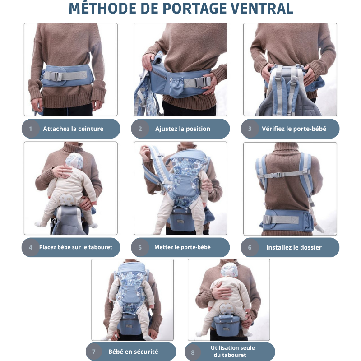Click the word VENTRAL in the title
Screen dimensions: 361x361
(x=262, y=9)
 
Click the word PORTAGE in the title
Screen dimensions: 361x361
(x=194, y=9)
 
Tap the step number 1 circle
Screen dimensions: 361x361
(x=31, y=129)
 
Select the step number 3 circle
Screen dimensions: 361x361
(x=250, y=129)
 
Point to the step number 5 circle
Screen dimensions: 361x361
(x=140, y=247)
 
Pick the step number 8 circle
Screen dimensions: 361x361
(x=193, y=352)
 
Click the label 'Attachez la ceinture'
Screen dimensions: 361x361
(x=73, y=129)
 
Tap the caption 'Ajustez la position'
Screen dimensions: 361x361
(x=183, y=129)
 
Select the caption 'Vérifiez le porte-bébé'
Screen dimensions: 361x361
(x=294, y=129)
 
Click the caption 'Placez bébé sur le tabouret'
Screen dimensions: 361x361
(x=76, y=247)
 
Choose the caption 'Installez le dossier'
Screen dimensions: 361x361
(x=294, y=247)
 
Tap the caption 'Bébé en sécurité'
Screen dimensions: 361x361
(x=133, y=352)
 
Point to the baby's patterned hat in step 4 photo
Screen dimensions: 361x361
(x=74, y=160)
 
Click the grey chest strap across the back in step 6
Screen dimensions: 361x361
(x=284, y=175)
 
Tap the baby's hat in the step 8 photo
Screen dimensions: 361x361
(x=229, y=270)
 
